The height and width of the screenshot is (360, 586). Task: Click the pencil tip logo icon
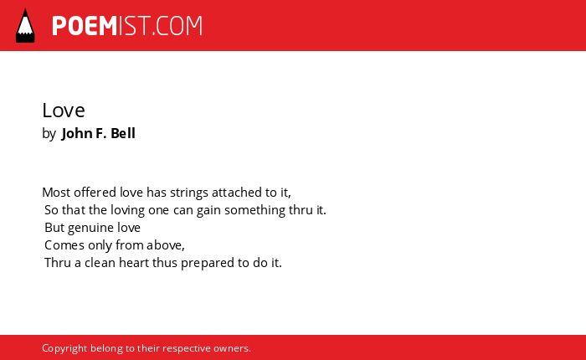pos(25,25)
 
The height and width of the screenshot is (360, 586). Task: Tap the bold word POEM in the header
pos(85,26)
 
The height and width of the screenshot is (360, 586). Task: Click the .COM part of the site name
pos(177,26)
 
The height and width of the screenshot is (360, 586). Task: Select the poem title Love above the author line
pos(64,111)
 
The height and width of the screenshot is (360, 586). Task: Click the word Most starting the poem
pos(56,193)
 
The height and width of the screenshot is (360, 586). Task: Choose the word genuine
pos(90,228)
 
